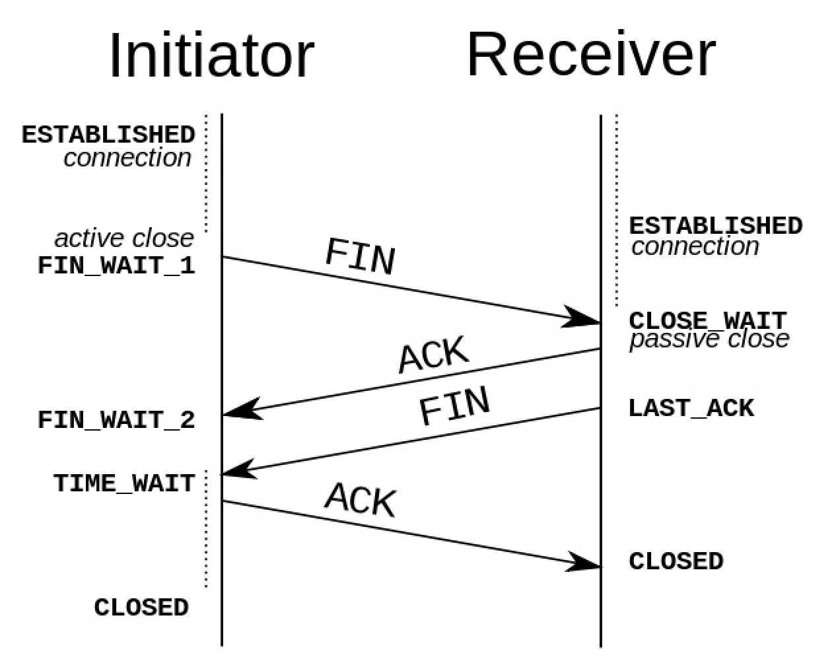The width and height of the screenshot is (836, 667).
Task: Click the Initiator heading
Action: click(x=212, y=55)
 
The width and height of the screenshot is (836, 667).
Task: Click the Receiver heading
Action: click(x=591, y=53)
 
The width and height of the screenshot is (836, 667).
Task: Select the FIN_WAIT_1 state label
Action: click(x=116, y=265)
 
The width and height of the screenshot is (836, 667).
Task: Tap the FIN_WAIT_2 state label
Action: click(x=116, y=420)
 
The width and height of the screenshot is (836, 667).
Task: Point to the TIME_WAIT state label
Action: click(x=124, y=483)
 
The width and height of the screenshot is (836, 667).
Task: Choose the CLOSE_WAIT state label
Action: click(x=708, y=321)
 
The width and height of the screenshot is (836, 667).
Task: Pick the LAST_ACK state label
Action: click(x=691, y=408)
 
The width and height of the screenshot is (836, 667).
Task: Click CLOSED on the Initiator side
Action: click(x=141, y=607)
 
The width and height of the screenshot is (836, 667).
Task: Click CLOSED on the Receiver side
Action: click(x=676, y=561)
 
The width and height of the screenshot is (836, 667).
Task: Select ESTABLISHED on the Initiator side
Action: click(x=108, y=135)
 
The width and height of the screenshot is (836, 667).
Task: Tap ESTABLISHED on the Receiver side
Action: click(x=716, y=226)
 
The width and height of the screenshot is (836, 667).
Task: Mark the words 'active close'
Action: click(x=124, y=238)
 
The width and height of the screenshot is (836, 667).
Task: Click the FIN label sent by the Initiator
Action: click(x=360, y=256)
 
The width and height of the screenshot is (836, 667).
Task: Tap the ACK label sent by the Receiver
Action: click(x=433, y=354)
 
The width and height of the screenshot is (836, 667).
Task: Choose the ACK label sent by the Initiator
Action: click(x=360, y=499)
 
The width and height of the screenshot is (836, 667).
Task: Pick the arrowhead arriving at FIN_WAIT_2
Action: click(x=241, y=410)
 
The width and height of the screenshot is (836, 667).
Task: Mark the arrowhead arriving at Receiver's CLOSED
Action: click(x=584, y=562)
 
